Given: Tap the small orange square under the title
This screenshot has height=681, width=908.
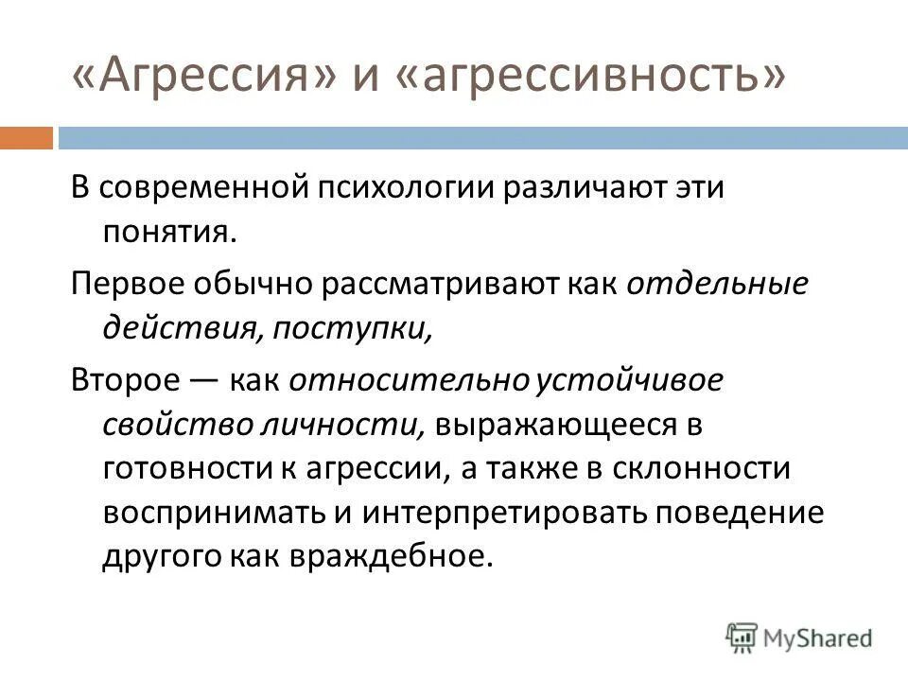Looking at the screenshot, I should click(x=26, y=138).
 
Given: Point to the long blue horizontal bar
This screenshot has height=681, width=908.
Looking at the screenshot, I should click(x=481, y=138).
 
